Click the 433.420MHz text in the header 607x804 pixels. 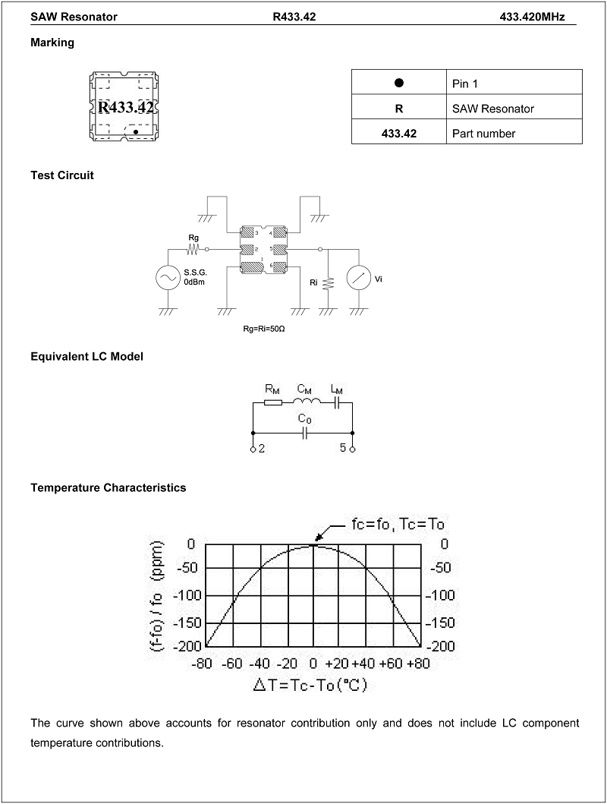(x=532, y=17)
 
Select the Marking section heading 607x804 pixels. (x=52, y=43)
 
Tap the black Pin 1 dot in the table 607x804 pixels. (x=399, y=83)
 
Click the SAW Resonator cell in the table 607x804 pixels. (x=492, y=109)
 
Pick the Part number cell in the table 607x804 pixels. (x=483, y=134)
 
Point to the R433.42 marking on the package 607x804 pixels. (x=125, y=107)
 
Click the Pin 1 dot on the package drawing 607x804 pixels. (x=136, y=132)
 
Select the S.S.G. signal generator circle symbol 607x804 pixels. (x=168, y=278)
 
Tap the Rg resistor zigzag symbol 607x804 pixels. (x=193, y=249)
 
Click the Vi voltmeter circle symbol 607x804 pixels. (x=359, y=278)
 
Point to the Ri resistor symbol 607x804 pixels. (x=329, y=283)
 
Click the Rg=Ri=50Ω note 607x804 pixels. (x=264, y=329)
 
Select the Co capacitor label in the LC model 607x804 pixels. (x=305, y=419)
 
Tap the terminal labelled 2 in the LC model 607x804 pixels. (x=253, y=449)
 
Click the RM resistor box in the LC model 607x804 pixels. (x=272, y=403)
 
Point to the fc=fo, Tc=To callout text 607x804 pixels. (x=398, y=524)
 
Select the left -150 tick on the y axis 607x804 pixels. (x=187, y=623)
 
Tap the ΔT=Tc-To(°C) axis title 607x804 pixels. (x=310, y=685)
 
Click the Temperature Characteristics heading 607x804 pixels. (x=108, y=487)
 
